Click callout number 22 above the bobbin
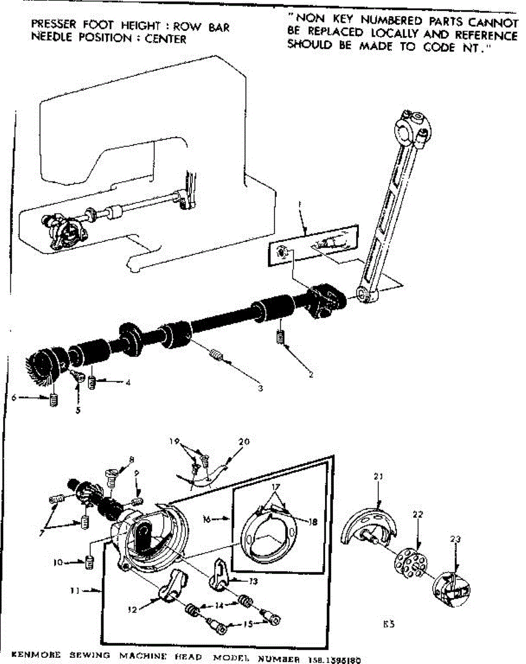click(417, 515)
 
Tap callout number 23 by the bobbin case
click(455, 538)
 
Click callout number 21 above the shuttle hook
click(378, 476)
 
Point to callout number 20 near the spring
click(244, 442)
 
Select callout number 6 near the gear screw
click(14, 397)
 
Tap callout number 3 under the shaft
click(260, 388)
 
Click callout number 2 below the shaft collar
click(311, 375)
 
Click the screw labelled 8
click(111, 476)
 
